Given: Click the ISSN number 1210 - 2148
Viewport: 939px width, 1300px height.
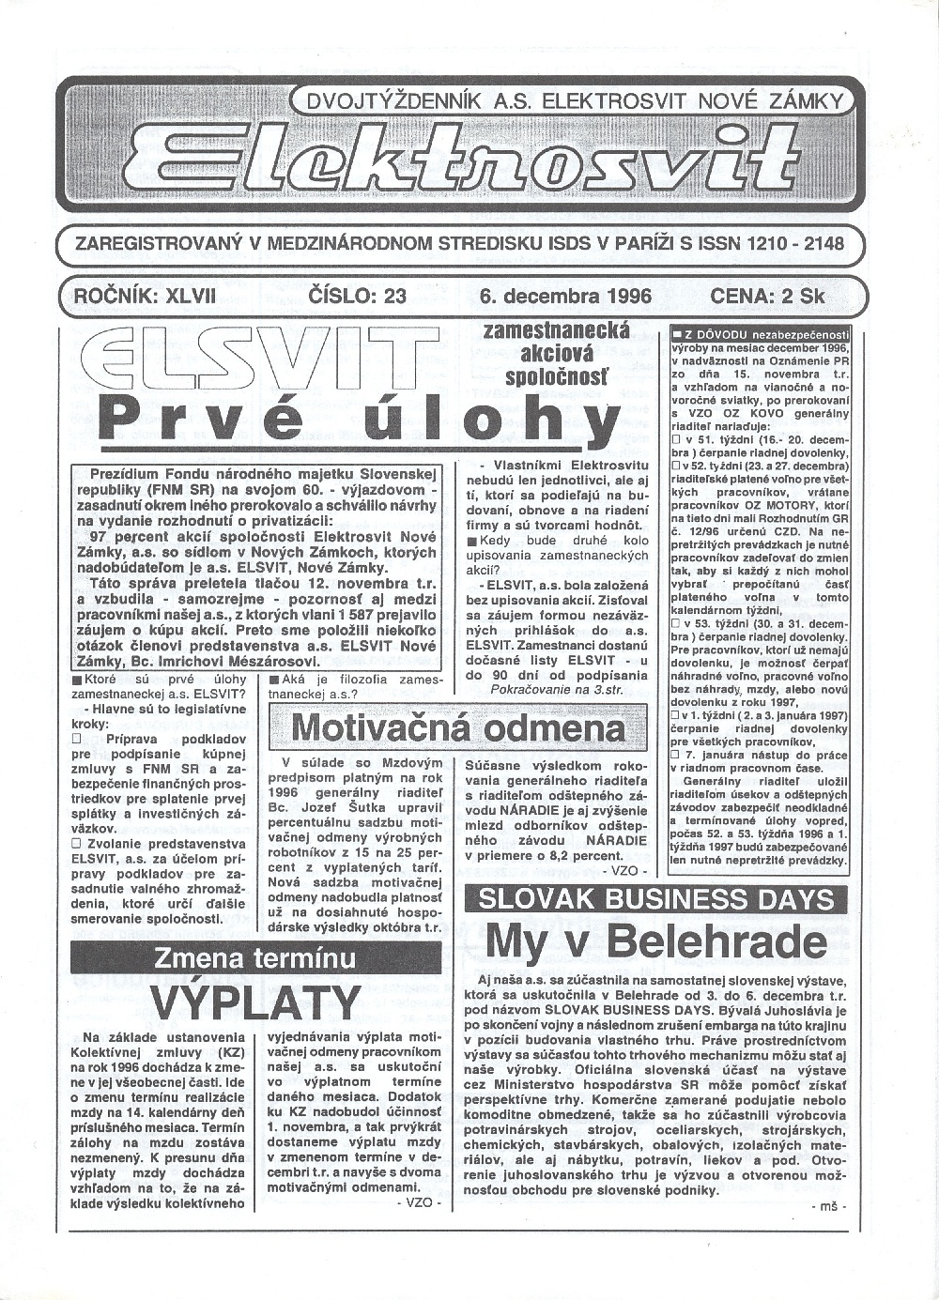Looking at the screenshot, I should [791, 244].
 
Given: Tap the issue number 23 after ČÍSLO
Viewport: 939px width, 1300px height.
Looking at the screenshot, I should [388, 296].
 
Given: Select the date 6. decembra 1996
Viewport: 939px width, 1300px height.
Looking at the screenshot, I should [564, 296].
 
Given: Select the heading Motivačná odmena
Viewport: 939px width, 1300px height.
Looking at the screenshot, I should [457, 727].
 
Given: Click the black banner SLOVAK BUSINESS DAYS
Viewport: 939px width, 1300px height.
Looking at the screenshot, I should [655, 899].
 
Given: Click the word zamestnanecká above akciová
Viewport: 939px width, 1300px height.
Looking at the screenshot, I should [556, 331].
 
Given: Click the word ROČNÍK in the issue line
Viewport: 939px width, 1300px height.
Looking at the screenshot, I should [100, 296].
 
